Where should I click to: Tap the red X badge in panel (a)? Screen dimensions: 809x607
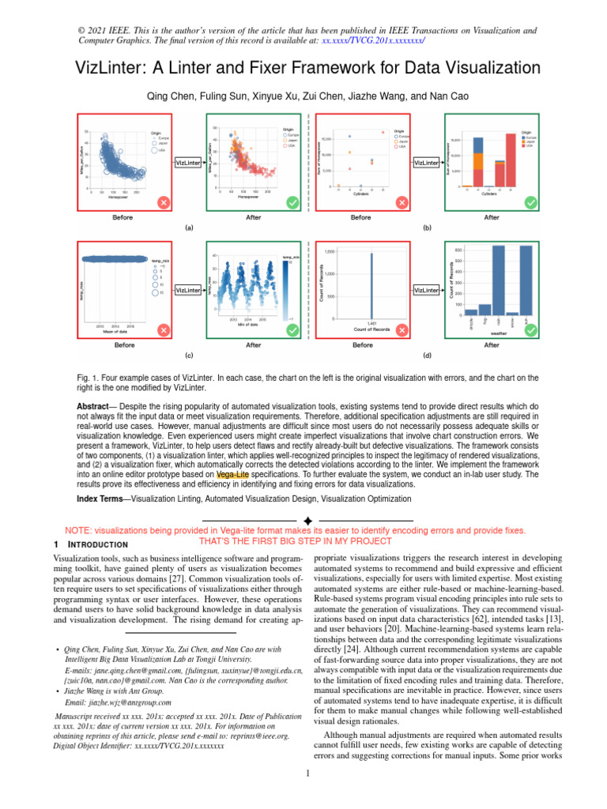163,203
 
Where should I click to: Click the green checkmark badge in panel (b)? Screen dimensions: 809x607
531,203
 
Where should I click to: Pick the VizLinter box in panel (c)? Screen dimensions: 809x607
187,291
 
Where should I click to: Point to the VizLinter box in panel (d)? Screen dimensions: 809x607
426,291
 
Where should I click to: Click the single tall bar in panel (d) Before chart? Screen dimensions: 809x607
371,285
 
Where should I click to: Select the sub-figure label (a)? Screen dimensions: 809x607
188,228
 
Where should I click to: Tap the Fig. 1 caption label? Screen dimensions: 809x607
87,378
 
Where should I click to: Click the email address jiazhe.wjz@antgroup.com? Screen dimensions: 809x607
119,702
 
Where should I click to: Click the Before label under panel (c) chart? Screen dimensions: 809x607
124,345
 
